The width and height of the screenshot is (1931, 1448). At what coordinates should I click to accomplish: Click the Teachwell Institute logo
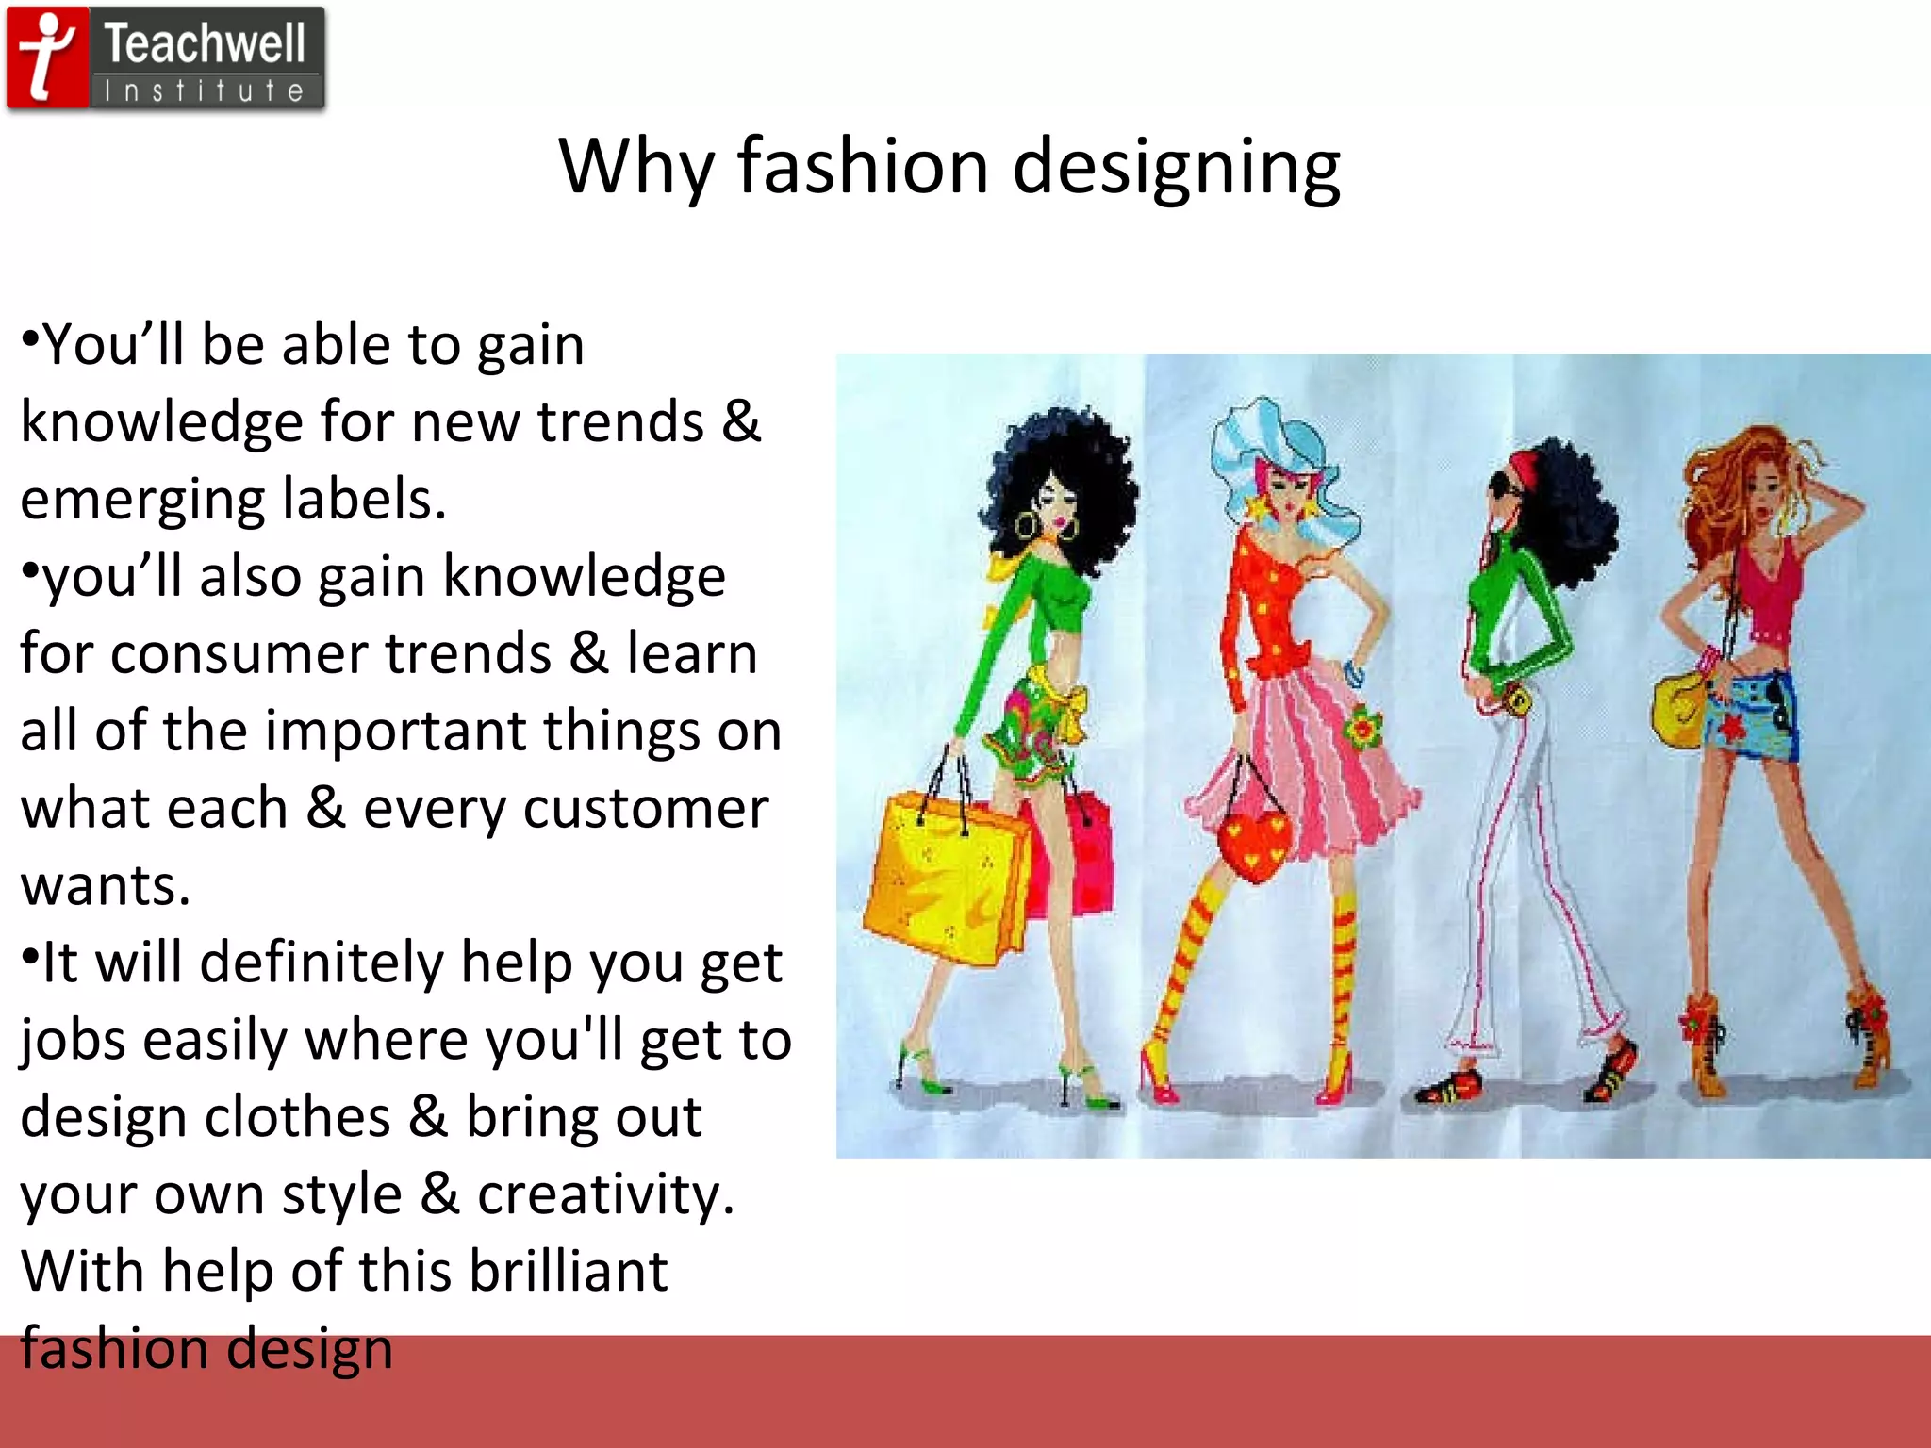point(166,59)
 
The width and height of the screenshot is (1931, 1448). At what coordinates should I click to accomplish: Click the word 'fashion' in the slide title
point(863,166)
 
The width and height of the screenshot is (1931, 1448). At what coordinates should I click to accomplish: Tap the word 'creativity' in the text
point(603,1194)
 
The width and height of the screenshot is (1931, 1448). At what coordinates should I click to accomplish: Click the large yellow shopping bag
point(943,877)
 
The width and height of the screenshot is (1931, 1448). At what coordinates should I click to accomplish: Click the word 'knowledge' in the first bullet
point(160,422)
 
